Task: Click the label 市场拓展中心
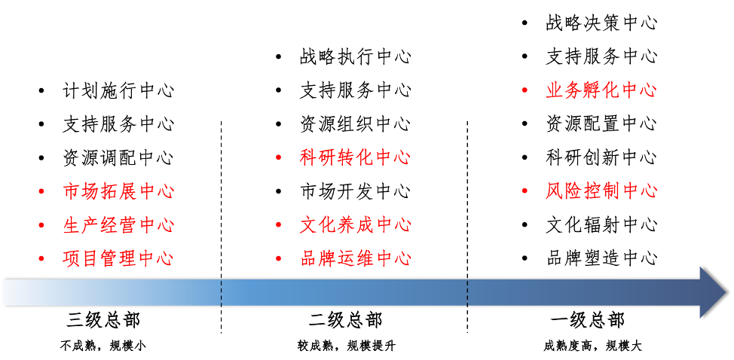pos(118,192)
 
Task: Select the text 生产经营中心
pos(118,225)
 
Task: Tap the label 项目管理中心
pos(118,259)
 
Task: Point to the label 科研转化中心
pos(355,158)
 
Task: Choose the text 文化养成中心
pos(355,225)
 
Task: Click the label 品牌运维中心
pos(355,259)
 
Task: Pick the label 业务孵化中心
pos(601,91)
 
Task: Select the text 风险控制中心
pos(601,191)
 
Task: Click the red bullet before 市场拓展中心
pos(41,192)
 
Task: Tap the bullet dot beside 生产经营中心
pos(41,225)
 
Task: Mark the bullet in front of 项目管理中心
pos(41,259)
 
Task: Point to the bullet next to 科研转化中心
pos(278,158)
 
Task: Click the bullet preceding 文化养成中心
pos(278,225)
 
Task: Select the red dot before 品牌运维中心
pos(278,259)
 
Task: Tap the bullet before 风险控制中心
pos(525,191)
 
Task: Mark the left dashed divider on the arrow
pos(222,292)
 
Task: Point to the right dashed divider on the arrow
pos(467,292)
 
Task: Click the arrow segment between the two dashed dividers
pos(344,292)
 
